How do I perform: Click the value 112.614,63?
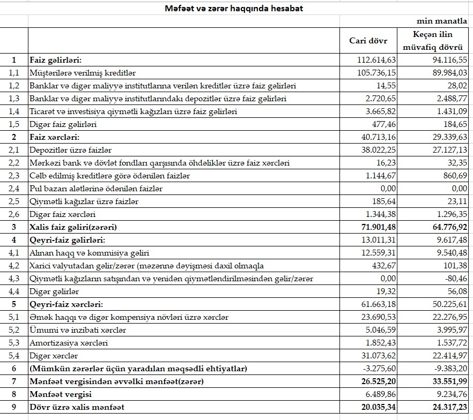coord(376,59)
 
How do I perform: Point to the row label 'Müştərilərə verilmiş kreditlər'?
coord(83,73)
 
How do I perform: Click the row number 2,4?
coord(13,189)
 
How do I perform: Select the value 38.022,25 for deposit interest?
coord(376,150)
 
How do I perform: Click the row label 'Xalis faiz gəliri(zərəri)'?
coord(73,227)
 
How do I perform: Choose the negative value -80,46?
coord(454,279)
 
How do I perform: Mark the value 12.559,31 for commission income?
coord(376,253)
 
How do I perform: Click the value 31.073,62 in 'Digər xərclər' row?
coord(376,356)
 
